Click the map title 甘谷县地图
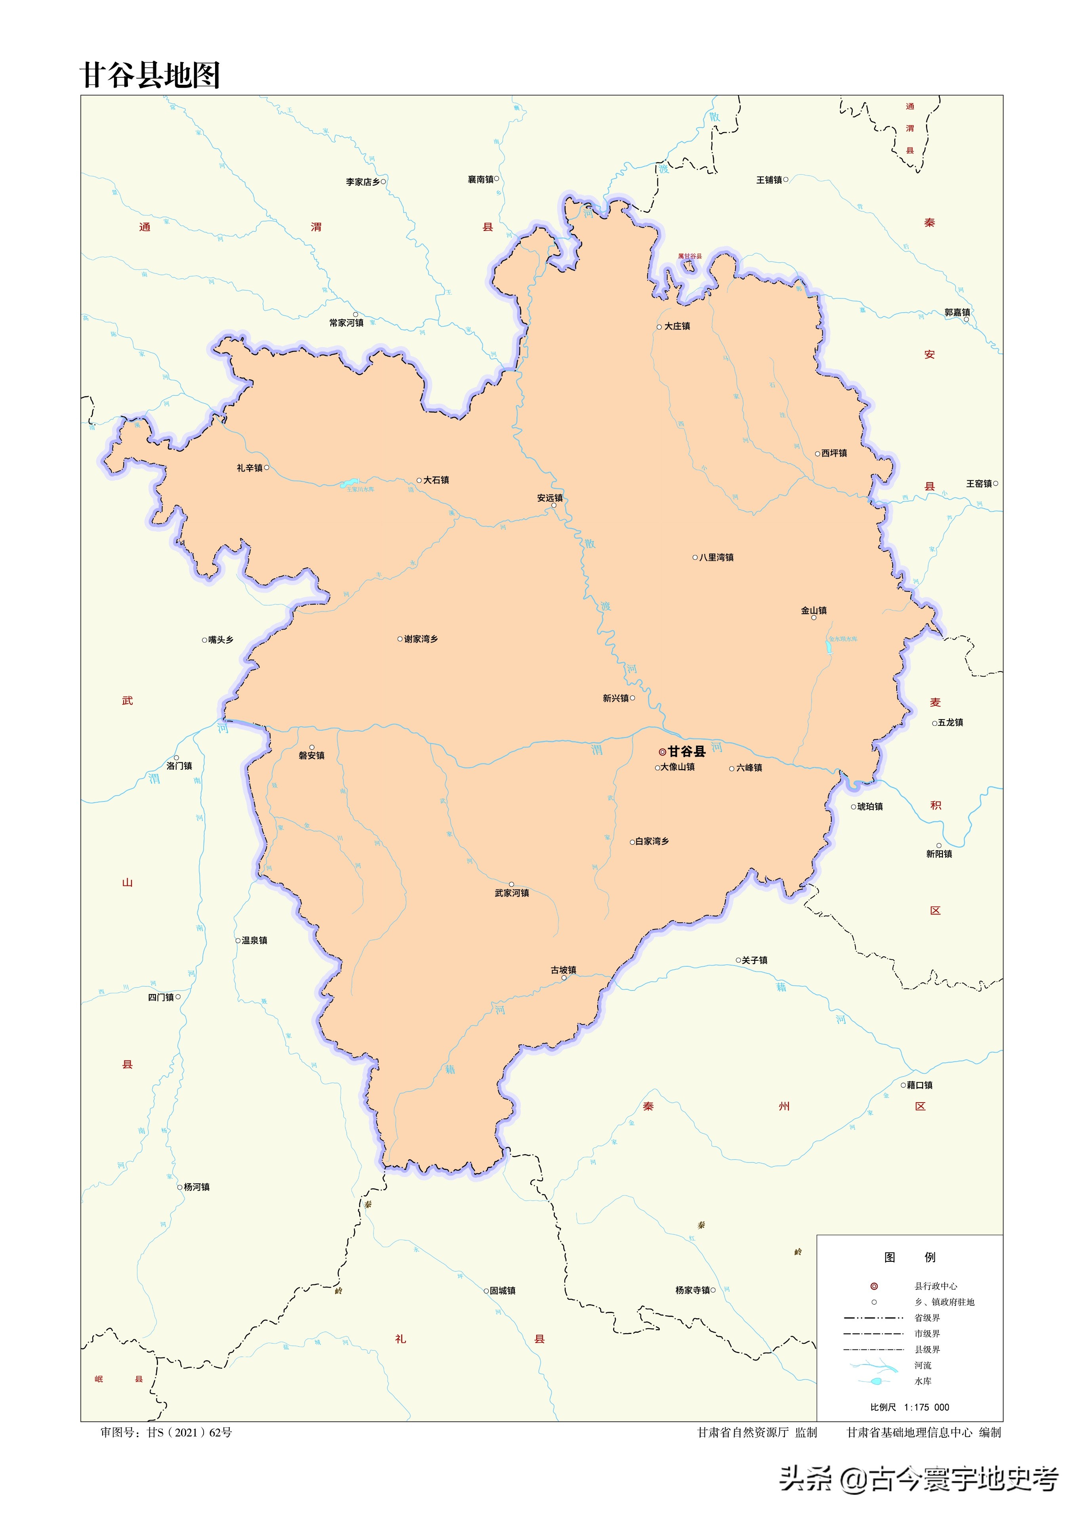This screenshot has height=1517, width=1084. tap(150, 75)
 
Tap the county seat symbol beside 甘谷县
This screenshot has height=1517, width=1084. tap(662, 752)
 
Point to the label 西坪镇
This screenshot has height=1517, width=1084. tap(834, 453)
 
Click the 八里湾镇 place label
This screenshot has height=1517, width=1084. tap(716, 557)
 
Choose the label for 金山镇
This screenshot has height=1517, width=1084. tap(813, 610)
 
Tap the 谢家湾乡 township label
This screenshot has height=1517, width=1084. tap(421, 639)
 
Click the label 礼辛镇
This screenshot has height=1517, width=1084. tap(250, 468)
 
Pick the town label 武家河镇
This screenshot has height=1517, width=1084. tap(512, 893)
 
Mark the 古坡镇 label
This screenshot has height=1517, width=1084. tap(563, 970)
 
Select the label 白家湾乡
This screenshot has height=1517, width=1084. tap(652, 841)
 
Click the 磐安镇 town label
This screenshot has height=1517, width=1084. tap(312, 756)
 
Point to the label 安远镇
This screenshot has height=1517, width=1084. tap(550, 498)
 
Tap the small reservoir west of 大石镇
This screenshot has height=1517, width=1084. tap(349, 482)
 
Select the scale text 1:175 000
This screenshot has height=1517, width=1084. tap(926, 1407)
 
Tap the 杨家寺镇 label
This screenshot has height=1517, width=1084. tap(692, 1290)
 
